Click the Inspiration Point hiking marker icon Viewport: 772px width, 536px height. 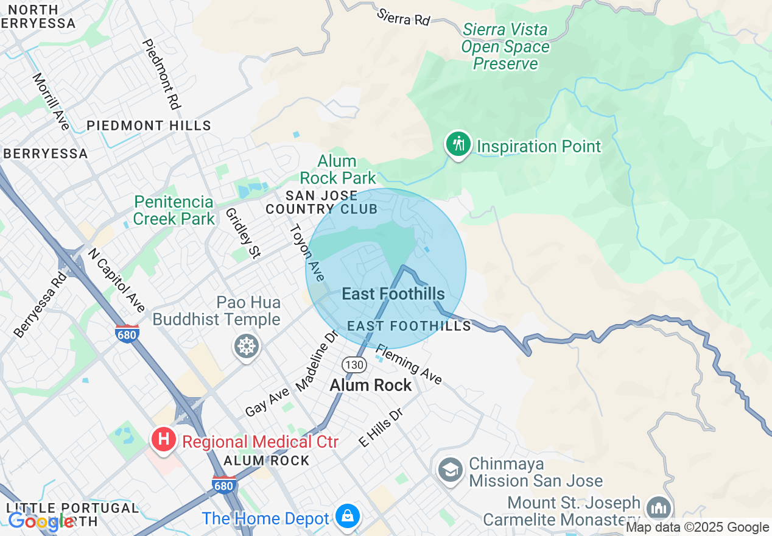tap(458, 145)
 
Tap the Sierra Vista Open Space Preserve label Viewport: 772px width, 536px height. tap(505, 47)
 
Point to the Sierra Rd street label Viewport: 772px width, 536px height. tap(404, 16)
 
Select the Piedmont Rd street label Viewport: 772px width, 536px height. tap(161, 74)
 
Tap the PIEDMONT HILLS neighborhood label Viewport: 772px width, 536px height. tap(149, 126)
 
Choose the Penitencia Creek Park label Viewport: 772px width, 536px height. tap(174, 210)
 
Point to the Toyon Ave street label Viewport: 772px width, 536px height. tap(307, 252)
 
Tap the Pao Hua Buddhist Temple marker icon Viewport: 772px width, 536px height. tap(247, 347)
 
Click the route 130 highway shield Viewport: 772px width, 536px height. tap(354, 364)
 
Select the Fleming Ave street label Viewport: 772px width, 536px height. tap(409, 364)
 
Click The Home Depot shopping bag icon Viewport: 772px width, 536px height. tap(347, 517)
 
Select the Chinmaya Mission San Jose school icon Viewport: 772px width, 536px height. tap(451, 470)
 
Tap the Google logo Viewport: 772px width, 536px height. tap(40, 521)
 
